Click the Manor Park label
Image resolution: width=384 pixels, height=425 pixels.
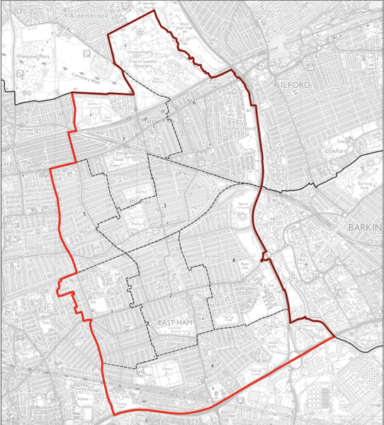159,121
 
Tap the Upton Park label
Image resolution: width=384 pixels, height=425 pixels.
103,293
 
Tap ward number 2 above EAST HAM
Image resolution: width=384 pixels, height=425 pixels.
171,295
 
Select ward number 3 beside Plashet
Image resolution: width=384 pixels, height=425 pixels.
164,206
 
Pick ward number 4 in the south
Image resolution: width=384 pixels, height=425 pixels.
213,365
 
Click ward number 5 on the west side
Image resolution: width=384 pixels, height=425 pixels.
84,214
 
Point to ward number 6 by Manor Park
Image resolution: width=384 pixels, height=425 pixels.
193,103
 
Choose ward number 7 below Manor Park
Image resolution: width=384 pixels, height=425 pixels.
123,139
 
